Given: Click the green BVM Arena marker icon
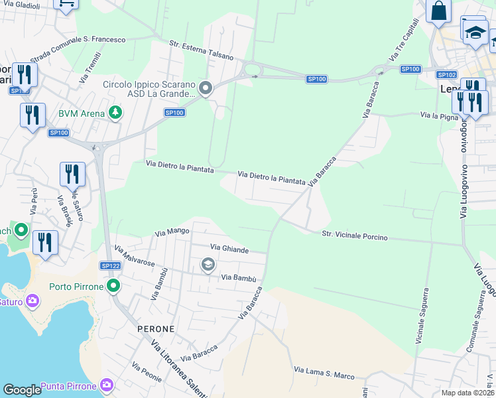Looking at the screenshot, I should click(x=115, y=113).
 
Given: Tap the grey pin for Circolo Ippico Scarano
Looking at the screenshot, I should click(x=206, y=88).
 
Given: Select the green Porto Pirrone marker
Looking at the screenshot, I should click(x=114, y=287).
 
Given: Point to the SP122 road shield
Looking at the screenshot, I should click(x=110, y=265).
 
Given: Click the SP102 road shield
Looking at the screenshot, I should click(x=447, y=75).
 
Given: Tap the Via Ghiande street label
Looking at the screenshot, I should click(x=229, y=249).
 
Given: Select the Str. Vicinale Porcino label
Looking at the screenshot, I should click(x=355, y=236).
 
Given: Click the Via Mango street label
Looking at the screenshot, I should click(x=172, y=232).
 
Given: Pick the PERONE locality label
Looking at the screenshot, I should click(x=156, y=329).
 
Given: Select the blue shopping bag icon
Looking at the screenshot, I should click(x=438, y=11).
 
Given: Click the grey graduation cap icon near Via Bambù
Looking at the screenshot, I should click(x=208, y=265).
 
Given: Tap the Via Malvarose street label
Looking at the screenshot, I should click(x=135, y=257).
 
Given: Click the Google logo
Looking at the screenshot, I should click(x=22, y=390).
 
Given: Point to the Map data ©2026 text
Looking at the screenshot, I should click(x=467, y=393).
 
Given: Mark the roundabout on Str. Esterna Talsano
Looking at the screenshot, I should click(x=252, y=69).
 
